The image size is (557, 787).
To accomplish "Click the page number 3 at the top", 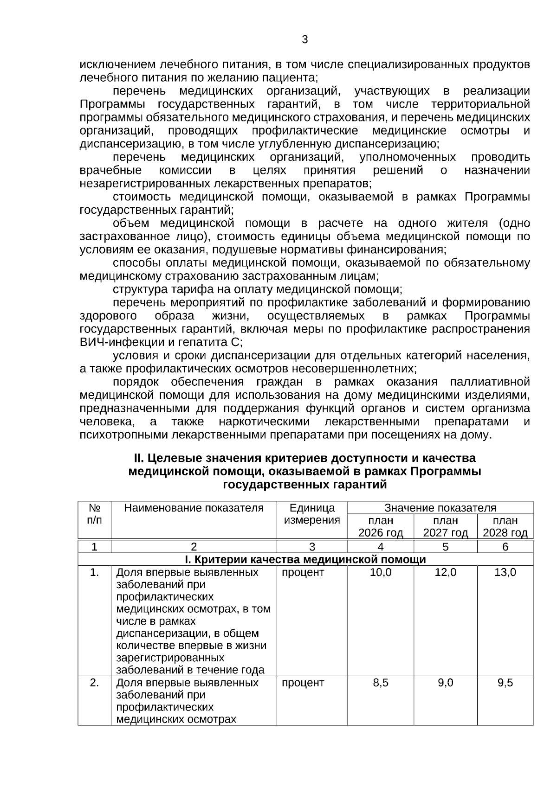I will click(x=304, y=40).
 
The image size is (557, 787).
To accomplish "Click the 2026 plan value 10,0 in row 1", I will click(x=380, y=572).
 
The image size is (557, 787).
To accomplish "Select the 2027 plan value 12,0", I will click(x=445, y=572).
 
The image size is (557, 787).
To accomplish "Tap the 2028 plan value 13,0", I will click(x=505, y=572).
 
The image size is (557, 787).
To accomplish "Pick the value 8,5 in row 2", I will click(x=380, y=683).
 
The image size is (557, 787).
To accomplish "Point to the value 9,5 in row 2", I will click(x=505, y=683).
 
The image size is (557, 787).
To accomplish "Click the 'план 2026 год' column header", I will click(x=380, y=526).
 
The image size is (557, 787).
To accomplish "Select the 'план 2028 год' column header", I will click(x=505, y=526).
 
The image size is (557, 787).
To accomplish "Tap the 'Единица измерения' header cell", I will click(x=311, y=514).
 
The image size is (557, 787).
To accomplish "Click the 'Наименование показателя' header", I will click(x=194, y=508).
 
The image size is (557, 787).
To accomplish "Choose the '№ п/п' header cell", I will click(x=94, y=514).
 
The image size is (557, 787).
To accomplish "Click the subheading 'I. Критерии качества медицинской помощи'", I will click(x=305, y=559).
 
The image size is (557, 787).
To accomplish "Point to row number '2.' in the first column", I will click(x=94, y=683).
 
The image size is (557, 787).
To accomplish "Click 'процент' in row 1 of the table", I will click(x=303, y=572).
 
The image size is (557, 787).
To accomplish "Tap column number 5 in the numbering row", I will click(x=445, y=547).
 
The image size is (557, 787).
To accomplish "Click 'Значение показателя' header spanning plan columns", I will click(x=440, y=508).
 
